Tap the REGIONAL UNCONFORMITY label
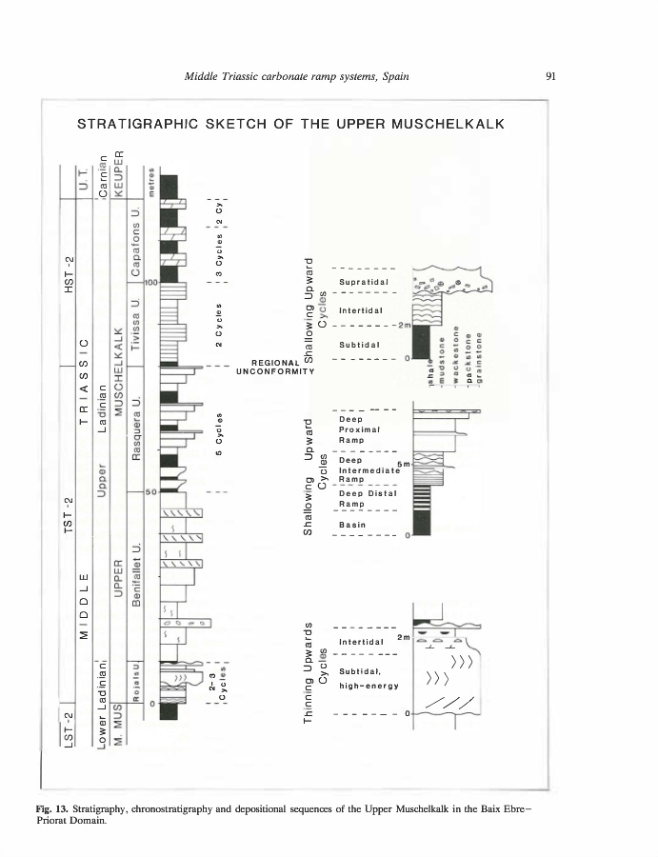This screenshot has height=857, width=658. (x=275, y=367)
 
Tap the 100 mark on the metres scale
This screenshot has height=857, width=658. (x=150, y=282)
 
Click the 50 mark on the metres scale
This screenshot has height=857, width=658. (x=150, y=492)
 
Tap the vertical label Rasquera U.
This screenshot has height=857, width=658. (x=136, y=428)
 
